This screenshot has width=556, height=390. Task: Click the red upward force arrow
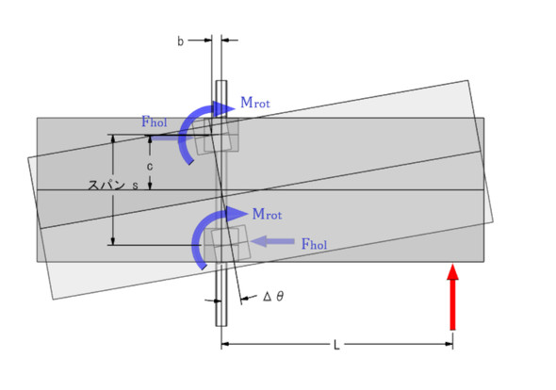coord(452,298)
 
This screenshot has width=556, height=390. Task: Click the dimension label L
coord(336,345)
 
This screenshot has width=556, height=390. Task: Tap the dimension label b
coord(181,41)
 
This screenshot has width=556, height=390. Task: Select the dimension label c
coord(150,167)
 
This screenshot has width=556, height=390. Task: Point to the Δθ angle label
coord(273,296)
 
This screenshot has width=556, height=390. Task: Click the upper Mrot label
coord(255,103)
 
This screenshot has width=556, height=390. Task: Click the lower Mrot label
coord(267,214)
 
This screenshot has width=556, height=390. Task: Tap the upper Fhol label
coord(155,122)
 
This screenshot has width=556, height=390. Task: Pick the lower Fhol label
coord(314,244)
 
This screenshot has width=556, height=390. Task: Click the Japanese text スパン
coord(106,186)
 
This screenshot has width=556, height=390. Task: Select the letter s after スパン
coord(135,186)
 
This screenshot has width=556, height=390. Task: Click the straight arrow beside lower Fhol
coord(272,241)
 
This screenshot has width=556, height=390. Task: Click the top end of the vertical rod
coord(221,81)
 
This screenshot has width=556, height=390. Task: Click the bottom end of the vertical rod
coord(221,326)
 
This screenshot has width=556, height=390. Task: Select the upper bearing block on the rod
coord(220,136)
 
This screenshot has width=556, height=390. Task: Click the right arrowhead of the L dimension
coord(449,344)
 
